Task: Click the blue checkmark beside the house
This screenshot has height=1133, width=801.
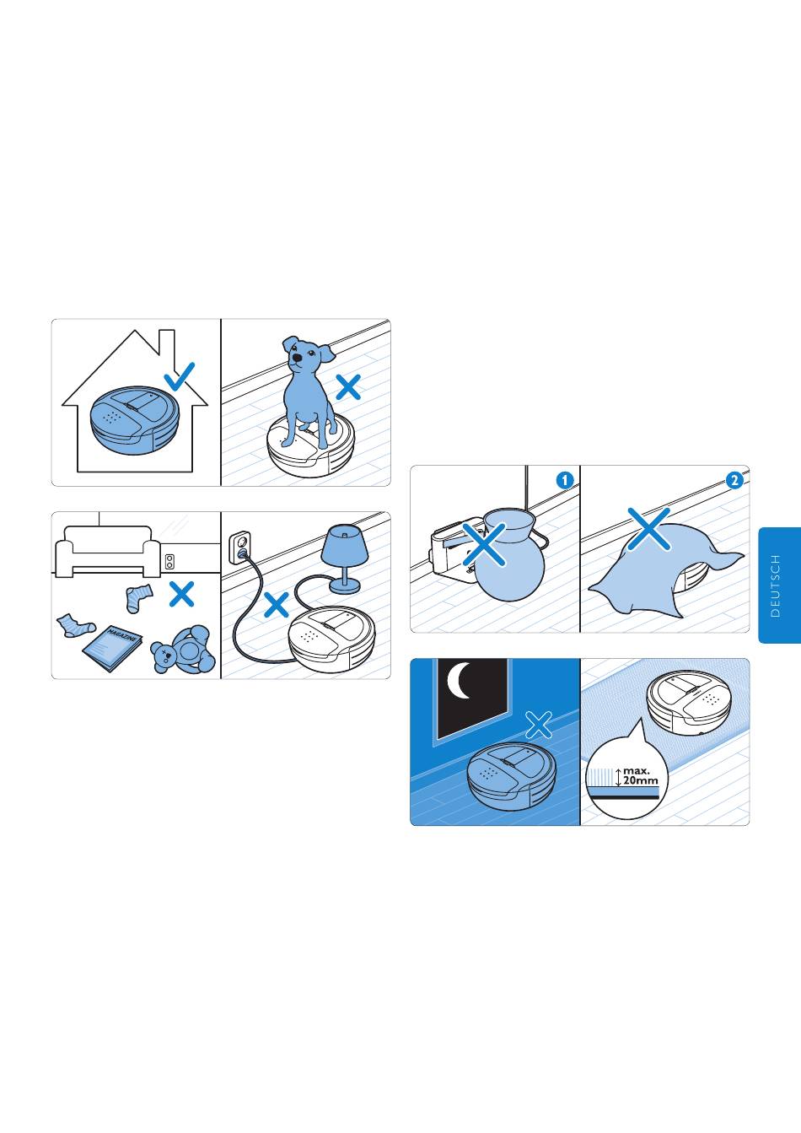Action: click(x=180, y=377)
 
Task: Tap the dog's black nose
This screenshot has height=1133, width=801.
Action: click(x=298, y=358)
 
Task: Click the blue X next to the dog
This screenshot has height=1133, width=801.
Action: click(x=348, y=387)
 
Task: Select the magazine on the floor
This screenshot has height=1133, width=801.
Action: click(x=112, y=649)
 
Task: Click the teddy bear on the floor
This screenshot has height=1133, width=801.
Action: click(x=184, y=650)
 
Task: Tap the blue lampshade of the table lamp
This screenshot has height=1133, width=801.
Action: click(x=345, y=542)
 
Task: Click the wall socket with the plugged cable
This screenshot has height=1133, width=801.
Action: click(x=240, y=547)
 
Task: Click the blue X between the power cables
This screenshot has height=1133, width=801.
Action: click(x=277, y=605)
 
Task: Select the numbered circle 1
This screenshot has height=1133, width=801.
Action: click(x=565, y=480)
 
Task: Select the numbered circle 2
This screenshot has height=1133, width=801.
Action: click(x=734, y=480)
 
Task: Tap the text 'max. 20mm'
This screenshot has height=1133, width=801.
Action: click(x=640, y=775)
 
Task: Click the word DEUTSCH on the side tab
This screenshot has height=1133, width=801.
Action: click(x=776, y=585)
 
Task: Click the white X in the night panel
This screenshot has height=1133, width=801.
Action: click(x=539, y=725)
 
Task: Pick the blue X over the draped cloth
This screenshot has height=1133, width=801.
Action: click(x=649, y=529)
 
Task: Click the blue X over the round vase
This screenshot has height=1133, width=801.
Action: click(x=484, y=544)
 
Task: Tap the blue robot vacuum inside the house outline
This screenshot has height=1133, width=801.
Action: click(x=136, y=420)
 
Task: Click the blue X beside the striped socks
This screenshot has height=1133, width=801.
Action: click(x=182, y=594)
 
